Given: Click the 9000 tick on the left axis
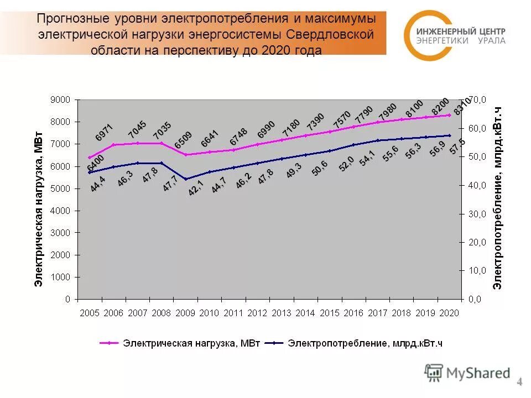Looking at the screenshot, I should click(61, 99).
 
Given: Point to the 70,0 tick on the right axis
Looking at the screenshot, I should click(477, 99).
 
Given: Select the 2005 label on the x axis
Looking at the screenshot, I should click(90, 313).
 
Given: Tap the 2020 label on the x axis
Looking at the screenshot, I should click(449, 313).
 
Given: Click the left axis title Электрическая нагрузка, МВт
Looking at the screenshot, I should click(39, 208).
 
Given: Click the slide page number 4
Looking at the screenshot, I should click(519, 381).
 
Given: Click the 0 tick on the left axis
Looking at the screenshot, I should click(67, 299).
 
